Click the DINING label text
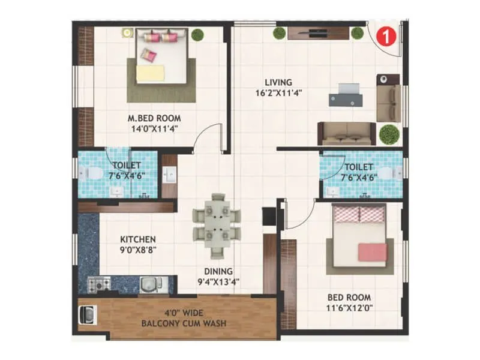(x=217, y=271)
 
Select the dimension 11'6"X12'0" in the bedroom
(x=349, y=308)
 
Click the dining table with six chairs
(x=217, y=223)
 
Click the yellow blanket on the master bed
(x=150, y=73)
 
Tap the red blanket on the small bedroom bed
(x=371, y=251)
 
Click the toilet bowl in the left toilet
(x=91, y=173)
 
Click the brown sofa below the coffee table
(x=346, y=133)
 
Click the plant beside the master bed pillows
(x=197, y=35)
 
